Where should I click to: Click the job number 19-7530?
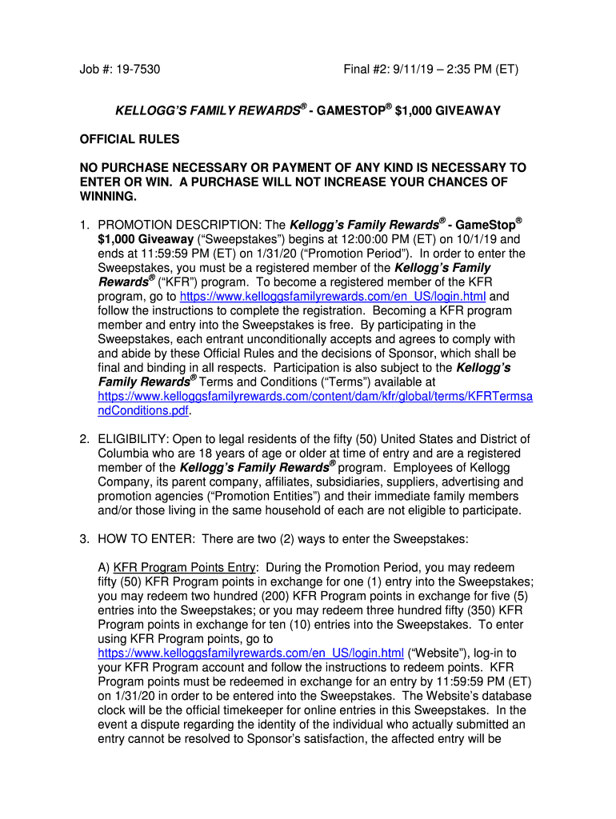click(136, 70)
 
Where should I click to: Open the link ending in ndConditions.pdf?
click(145, 411)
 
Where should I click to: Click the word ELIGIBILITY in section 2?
click(131, 439)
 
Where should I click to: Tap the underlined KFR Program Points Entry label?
click(185, 568)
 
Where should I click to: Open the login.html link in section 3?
click(250, 653)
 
